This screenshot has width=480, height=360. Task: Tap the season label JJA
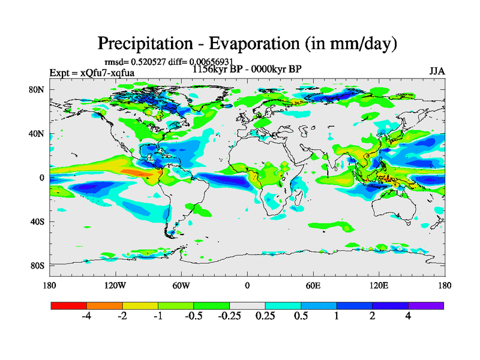coord(437,71)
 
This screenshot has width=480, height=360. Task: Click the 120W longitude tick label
coord(115,285)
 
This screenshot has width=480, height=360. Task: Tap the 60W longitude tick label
coord(181,285)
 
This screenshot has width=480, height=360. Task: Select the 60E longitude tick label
coord(313,285)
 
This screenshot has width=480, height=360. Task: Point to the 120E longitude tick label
coord(379,285)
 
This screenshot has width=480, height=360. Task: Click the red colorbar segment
coord(69,305)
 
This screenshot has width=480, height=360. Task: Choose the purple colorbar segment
coord(426,305)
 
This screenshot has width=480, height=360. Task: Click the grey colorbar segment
coord(247,305)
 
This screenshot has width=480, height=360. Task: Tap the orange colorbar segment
coord(104,305)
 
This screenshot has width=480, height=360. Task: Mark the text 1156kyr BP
coord(215,69)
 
